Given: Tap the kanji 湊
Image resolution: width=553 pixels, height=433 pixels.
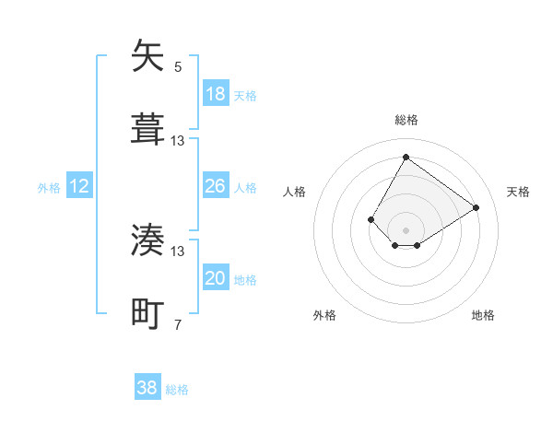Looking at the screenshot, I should point(148,240).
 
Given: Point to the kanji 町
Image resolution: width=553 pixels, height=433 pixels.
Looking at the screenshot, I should point(148,313).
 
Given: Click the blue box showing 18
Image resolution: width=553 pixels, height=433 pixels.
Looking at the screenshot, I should point(216,93).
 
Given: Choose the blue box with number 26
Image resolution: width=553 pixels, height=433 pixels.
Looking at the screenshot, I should point(216,186).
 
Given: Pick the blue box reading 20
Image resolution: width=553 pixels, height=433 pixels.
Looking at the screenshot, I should point(216,278).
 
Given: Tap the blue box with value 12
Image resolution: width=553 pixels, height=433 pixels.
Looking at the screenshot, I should point(79,186).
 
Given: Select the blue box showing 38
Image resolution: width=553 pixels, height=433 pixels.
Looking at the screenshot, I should point(147,388).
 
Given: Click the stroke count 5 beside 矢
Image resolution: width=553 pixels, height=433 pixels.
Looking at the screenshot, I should point(178,66).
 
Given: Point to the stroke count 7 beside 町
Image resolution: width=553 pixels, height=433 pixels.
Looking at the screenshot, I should point(178,324).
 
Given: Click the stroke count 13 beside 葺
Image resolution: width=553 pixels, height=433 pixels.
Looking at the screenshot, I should point(178,140).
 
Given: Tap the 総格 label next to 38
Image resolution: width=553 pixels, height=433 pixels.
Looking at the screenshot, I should point(177,390).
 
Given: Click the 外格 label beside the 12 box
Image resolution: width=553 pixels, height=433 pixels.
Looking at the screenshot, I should point(49,188).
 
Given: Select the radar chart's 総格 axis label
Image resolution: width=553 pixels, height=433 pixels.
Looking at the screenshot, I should point(406,120).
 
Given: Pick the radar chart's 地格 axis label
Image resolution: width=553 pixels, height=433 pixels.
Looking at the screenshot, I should point(483,315).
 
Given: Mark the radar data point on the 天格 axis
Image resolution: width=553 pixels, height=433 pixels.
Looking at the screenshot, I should point(477,207).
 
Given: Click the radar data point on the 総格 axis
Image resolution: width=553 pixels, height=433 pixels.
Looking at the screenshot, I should point(406,157).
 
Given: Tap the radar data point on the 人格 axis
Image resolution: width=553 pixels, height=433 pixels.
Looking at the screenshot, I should point(371,219).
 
